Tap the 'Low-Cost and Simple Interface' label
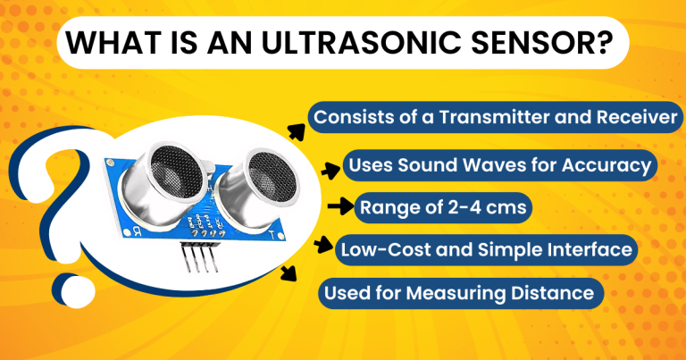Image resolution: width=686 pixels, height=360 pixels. (487, 249)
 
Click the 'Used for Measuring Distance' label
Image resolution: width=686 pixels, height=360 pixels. (458, 292)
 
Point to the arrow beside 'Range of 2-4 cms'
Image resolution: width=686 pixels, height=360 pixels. (339, 208)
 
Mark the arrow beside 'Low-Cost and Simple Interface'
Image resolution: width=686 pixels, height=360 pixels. (322, 244)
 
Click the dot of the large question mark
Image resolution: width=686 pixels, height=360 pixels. (68, 287)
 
